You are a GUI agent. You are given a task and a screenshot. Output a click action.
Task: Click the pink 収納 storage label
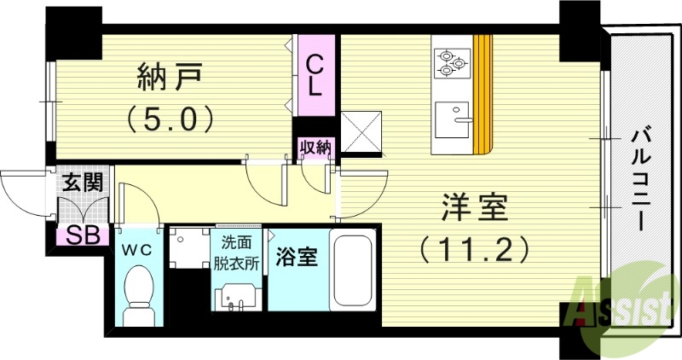click(x=315, y=148)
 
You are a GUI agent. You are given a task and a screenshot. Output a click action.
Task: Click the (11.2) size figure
click(x=474, y=249)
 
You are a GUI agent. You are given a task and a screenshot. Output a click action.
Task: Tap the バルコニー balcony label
click(x=638, y=179)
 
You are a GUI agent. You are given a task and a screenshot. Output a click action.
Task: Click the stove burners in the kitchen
click(x=452, y=61)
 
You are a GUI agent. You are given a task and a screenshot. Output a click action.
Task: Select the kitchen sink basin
click(x=452, y=120)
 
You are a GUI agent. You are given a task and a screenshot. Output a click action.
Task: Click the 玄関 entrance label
click(x=83, y=182)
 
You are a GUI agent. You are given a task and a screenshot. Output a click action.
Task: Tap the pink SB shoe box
click(x=81, y=235)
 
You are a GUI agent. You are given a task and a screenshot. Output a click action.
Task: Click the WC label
click(x=136, y=250)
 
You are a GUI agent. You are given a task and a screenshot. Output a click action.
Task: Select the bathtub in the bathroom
click(x=351, y=269)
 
